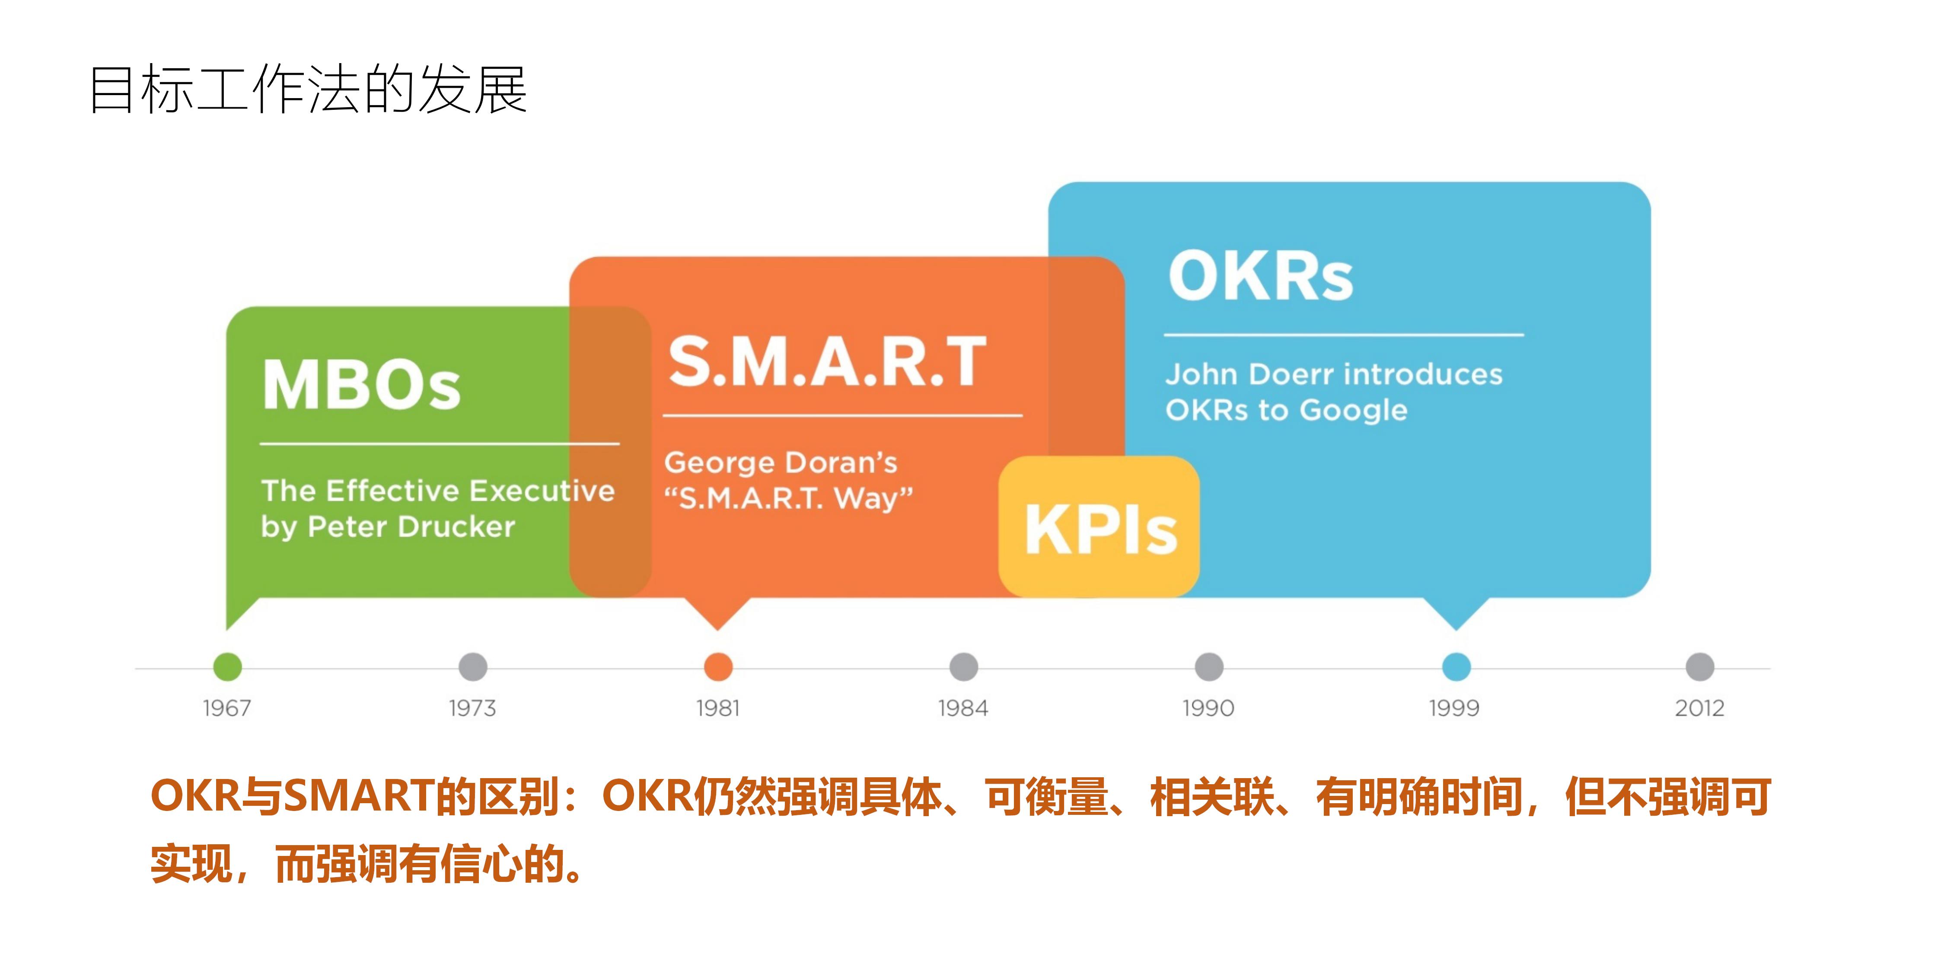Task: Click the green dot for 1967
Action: tap(227, 667)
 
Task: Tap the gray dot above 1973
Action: tap(472, 667)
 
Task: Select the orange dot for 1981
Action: tap(717, 667)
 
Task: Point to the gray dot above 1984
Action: tap(963, 667)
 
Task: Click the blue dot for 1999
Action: tap(1456, 667)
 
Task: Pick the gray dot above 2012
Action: tap(1700, 667)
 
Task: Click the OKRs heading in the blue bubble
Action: tap(1261, 276)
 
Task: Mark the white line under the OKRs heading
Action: tap(1344, 334)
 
